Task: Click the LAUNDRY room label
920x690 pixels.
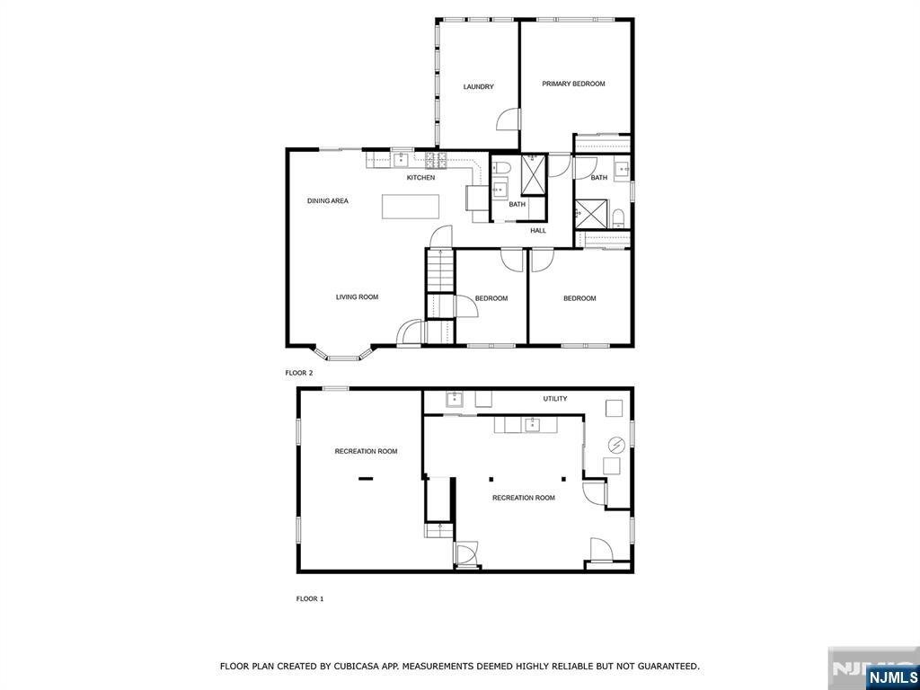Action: point(478,87)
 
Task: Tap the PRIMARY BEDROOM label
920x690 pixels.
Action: point(573,84)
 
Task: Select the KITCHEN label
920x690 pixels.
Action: point(420,178)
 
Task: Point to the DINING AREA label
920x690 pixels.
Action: point(327,201)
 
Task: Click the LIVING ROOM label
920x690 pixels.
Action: point(357,297)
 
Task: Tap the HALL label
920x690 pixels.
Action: point(538,231)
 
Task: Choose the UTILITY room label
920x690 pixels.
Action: point(554,399)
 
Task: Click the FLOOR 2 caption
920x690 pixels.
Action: point(299,372)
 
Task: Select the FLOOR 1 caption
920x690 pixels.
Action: point(310,598)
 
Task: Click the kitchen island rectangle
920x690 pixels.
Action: point(411,207)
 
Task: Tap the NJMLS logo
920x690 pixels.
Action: point(892,677)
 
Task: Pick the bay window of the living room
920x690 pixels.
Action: point(342,355)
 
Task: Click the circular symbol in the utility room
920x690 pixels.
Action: point(618,444)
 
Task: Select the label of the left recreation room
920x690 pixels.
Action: point(366,452)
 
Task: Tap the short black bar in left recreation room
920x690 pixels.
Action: point(366,479)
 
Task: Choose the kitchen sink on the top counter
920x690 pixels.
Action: point(400,161)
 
